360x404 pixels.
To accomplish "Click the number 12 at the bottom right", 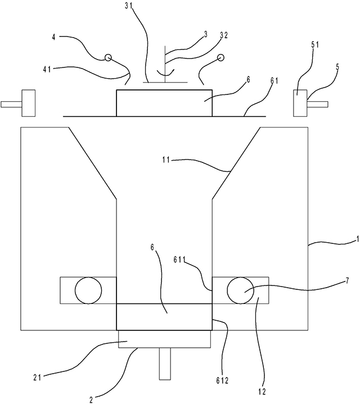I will coord(262,391).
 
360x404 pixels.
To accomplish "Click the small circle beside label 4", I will coord(107,57).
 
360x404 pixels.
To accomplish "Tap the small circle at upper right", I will coord(220,57).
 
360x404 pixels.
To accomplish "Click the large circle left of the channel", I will coord(88,290).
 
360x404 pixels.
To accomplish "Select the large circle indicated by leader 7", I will coord(240,290).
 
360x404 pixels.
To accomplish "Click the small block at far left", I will coord(28,103).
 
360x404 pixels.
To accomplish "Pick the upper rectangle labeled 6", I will coord(164,103).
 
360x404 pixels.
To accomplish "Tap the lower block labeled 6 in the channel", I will coord(164,317).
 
